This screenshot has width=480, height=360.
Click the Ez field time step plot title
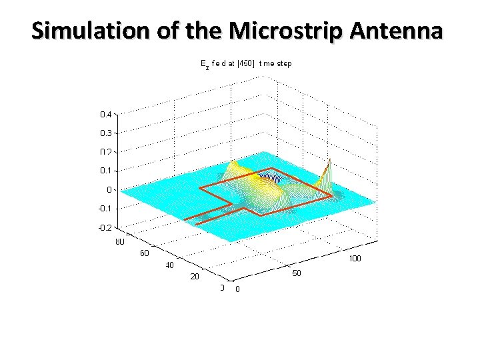tap(246, 65)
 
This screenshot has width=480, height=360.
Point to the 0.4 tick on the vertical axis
tap(106, 115)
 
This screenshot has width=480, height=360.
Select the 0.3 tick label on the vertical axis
tap(106, 133)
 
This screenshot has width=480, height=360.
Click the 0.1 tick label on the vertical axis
tap(106, 171)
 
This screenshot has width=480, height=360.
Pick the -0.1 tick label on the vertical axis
tap(105, 209)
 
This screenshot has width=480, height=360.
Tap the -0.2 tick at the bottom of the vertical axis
tap(105, 227)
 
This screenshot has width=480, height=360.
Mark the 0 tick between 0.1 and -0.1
tap(109, 190)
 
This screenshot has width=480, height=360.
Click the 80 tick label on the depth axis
tap(120, 242)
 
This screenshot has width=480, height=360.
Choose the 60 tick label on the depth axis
tap(145, 253)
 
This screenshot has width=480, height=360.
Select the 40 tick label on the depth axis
tap(170, 265)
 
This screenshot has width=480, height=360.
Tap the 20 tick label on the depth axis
tap(195, 277)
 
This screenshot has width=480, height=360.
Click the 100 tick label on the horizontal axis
tap(355, 259)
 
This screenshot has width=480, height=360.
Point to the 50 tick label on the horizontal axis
tap(297, 274)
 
